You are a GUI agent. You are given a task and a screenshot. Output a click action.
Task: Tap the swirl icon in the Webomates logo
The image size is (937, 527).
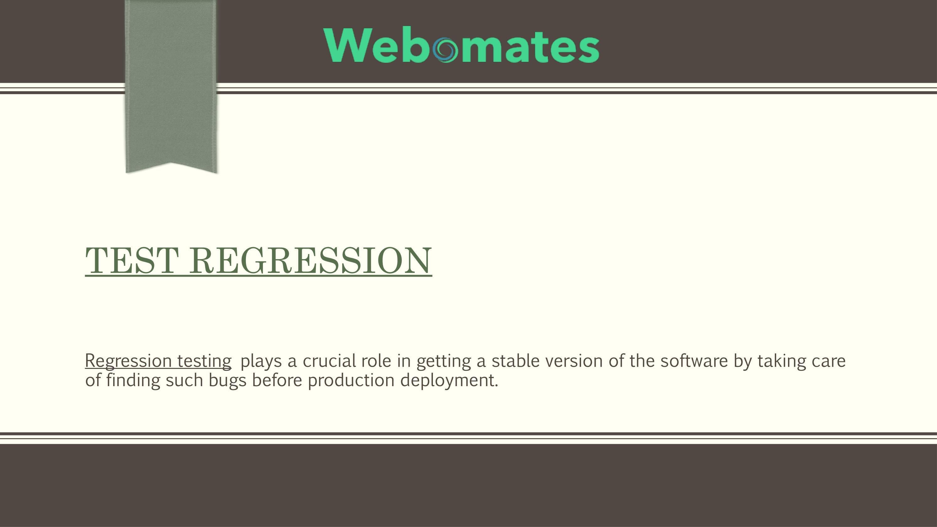pos(445,50)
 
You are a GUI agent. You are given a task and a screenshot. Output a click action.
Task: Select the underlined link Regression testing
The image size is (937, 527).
pos(158,361)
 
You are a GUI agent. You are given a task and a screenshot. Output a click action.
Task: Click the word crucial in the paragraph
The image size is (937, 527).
pos(329,361)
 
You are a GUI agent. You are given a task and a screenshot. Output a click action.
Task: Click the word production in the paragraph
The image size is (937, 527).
pos(351,381)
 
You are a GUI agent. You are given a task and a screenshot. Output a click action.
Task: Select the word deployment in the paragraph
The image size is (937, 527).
pos(449,381)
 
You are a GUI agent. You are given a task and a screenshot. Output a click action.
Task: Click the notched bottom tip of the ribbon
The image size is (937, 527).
pos(171,166)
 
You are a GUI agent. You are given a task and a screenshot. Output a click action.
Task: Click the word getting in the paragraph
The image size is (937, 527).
pos(443,361)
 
